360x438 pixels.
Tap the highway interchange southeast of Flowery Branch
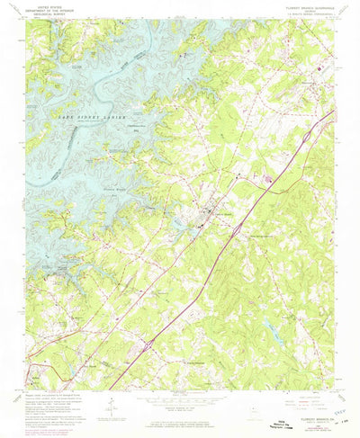tap(236, 230)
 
